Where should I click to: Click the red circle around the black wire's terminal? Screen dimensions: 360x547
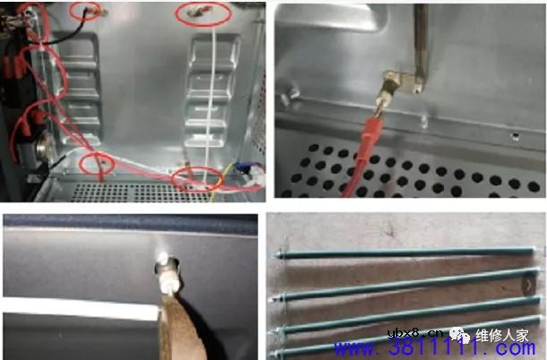(x=88, y=11)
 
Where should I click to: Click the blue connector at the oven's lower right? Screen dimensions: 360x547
(x=253, y=176)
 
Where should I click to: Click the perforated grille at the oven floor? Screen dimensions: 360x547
(x=134, y=190)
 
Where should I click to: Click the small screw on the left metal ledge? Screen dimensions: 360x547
(x=292, y=90)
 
